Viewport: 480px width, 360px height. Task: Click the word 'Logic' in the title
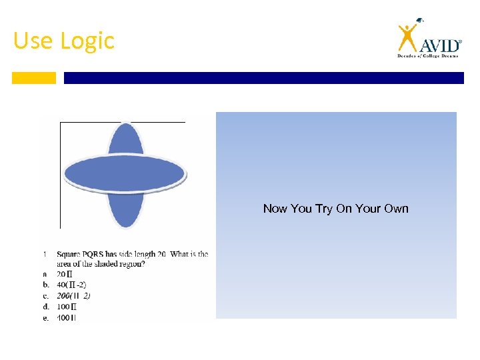[87, 41]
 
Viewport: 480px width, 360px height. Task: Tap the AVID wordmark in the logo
[440, 45]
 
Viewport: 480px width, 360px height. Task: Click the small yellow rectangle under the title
[34, 78]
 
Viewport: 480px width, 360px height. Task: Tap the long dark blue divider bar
[263, 78]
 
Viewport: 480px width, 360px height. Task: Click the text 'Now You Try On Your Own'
[335, 209]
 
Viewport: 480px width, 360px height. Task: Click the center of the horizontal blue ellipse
[125, 173]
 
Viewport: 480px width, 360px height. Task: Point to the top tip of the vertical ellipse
[125, 125]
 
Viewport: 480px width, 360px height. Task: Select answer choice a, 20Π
[65, 274]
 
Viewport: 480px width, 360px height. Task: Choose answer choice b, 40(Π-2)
[71, 285]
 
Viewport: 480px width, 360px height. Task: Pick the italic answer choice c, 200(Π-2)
[74, 295]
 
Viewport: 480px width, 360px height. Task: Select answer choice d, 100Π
[67, 307]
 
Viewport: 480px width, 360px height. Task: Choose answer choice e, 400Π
[67, 317]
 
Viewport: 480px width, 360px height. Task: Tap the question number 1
[44, 254]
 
